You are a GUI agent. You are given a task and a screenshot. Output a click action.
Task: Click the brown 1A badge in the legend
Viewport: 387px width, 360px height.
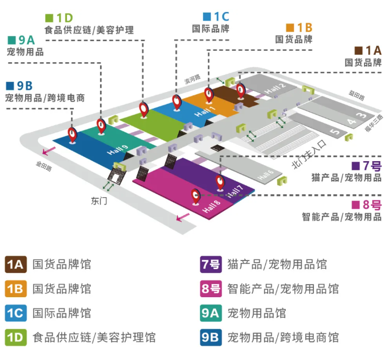(x=16, y=265)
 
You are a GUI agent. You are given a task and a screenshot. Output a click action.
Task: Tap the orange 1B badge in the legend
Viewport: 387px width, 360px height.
(x=16, y=289)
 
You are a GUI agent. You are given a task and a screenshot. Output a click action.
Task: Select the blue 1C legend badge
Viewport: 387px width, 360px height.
(x=16, y=313)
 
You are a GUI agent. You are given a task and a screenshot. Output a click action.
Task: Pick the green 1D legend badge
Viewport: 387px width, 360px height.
(x=16, y=338)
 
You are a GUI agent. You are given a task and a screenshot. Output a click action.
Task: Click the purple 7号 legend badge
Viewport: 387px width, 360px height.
(x=210, y=265)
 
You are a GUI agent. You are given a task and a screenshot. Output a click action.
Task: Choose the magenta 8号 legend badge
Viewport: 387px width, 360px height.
(x=210, y=289)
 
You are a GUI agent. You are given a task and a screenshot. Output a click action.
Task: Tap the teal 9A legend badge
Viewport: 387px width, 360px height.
(x=210, y=313)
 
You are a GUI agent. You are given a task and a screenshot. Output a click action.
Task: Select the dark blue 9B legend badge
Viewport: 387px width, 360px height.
(x=210, y=338)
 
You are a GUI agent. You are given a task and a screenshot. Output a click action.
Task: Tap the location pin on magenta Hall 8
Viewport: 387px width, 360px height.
(x=196, y=196)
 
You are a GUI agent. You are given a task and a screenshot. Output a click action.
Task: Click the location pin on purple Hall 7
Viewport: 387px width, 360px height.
(x=220, y=182)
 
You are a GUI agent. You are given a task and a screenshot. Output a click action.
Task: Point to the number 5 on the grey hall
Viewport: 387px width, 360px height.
(x=335, y=132)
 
